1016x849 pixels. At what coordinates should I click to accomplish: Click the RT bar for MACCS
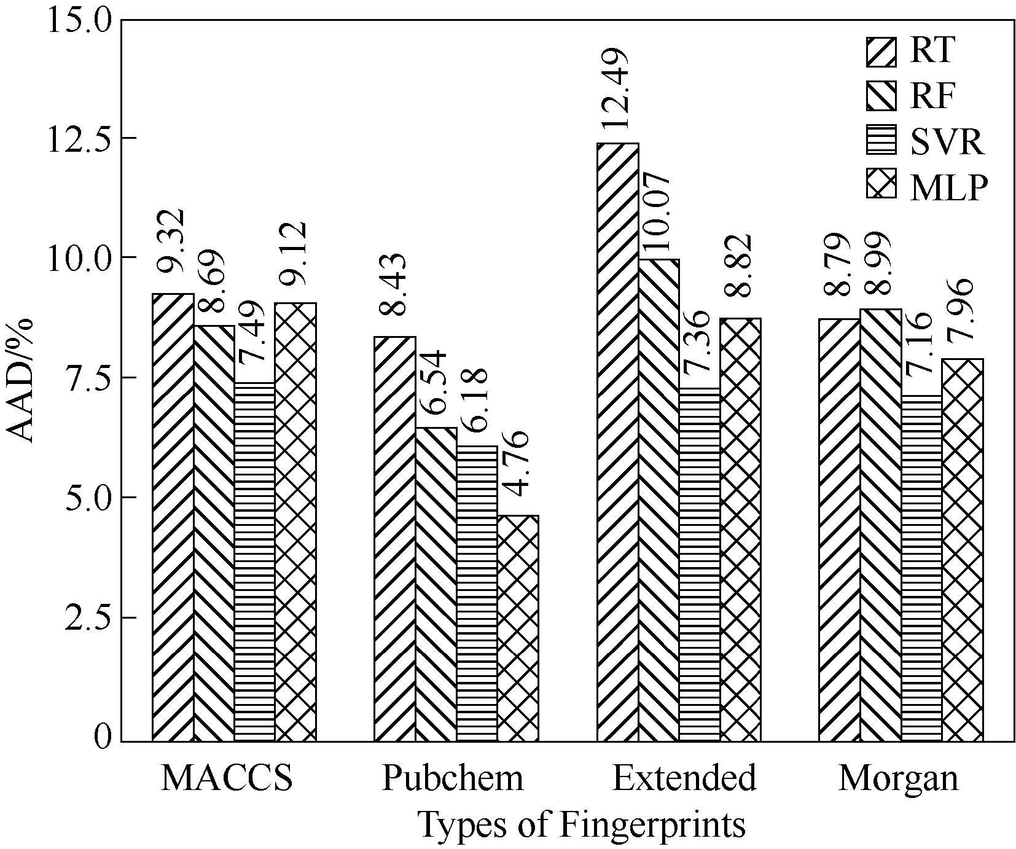[173, 517]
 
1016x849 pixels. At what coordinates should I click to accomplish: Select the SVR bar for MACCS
[255, 561]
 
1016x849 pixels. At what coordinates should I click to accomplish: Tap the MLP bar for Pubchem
[518, 628]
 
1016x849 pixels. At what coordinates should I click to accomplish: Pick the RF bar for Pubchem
[436, 584]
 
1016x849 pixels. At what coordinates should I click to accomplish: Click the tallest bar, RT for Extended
[618, 442]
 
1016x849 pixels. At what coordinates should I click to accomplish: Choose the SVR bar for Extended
[700, 564]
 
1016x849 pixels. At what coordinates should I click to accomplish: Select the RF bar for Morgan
[881, 525]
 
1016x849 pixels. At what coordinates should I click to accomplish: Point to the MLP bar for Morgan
[963, 550]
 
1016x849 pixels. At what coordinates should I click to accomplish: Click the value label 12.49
[616, 90]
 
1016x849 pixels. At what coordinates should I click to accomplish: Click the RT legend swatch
[881, 51]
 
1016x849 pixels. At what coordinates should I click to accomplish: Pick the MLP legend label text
[948, 187]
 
